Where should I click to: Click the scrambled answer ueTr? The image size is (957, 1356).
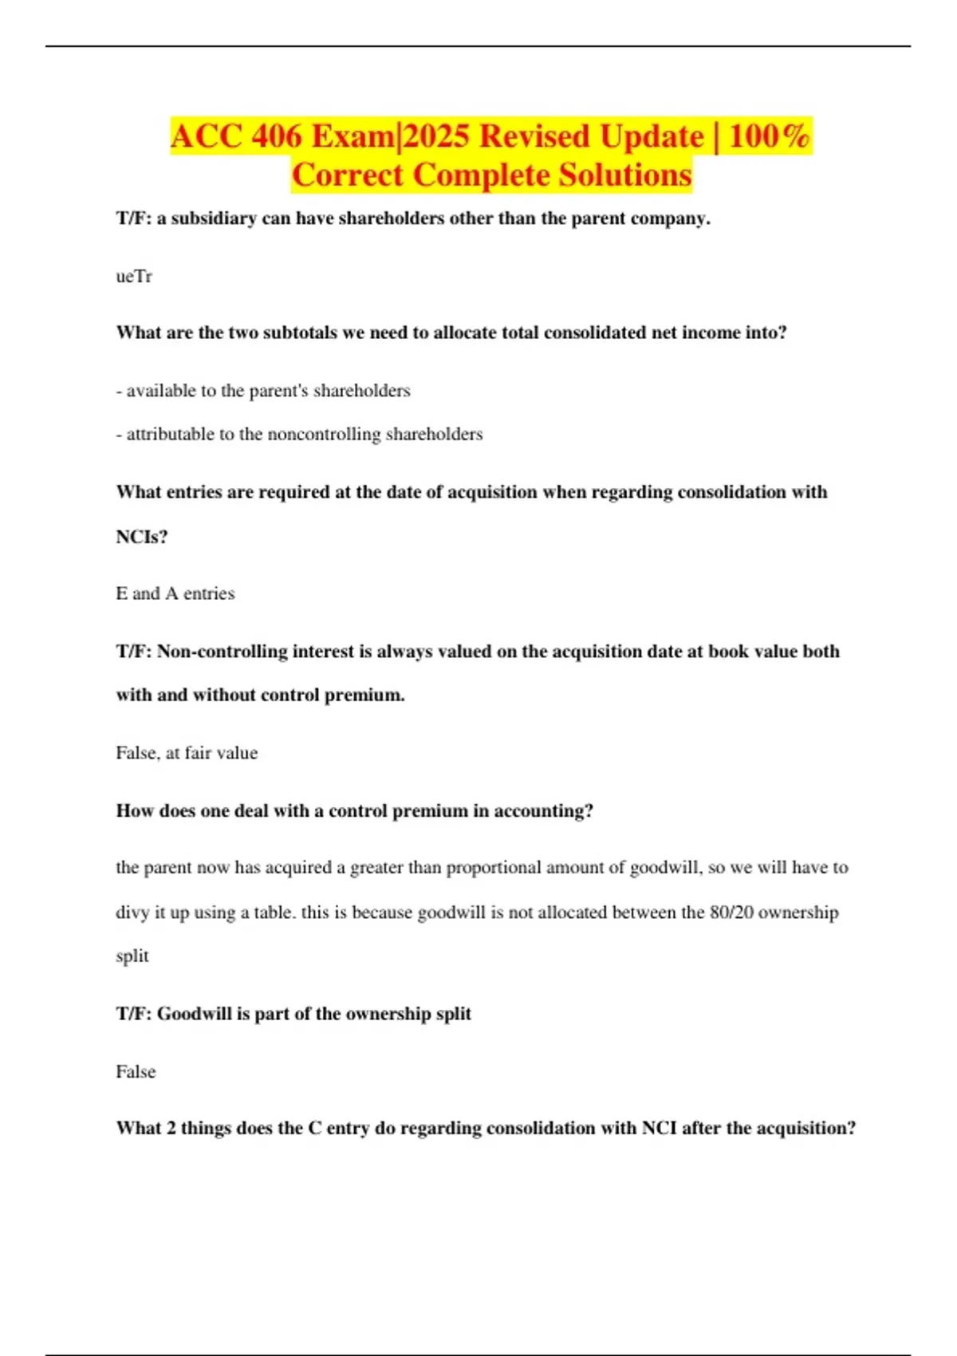click(134, 277)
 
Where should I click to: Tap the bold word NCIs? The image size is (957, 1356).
click(142, 537)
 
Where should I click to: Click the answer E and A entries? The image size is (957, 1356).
click(175, 593)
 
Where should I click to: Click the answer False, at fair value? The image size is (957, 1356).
click(187, 753)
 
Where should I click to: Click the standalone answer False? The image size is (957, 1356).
click(136, 1072)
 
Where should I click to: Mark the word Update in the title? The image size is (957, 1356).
click(652, 136)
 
